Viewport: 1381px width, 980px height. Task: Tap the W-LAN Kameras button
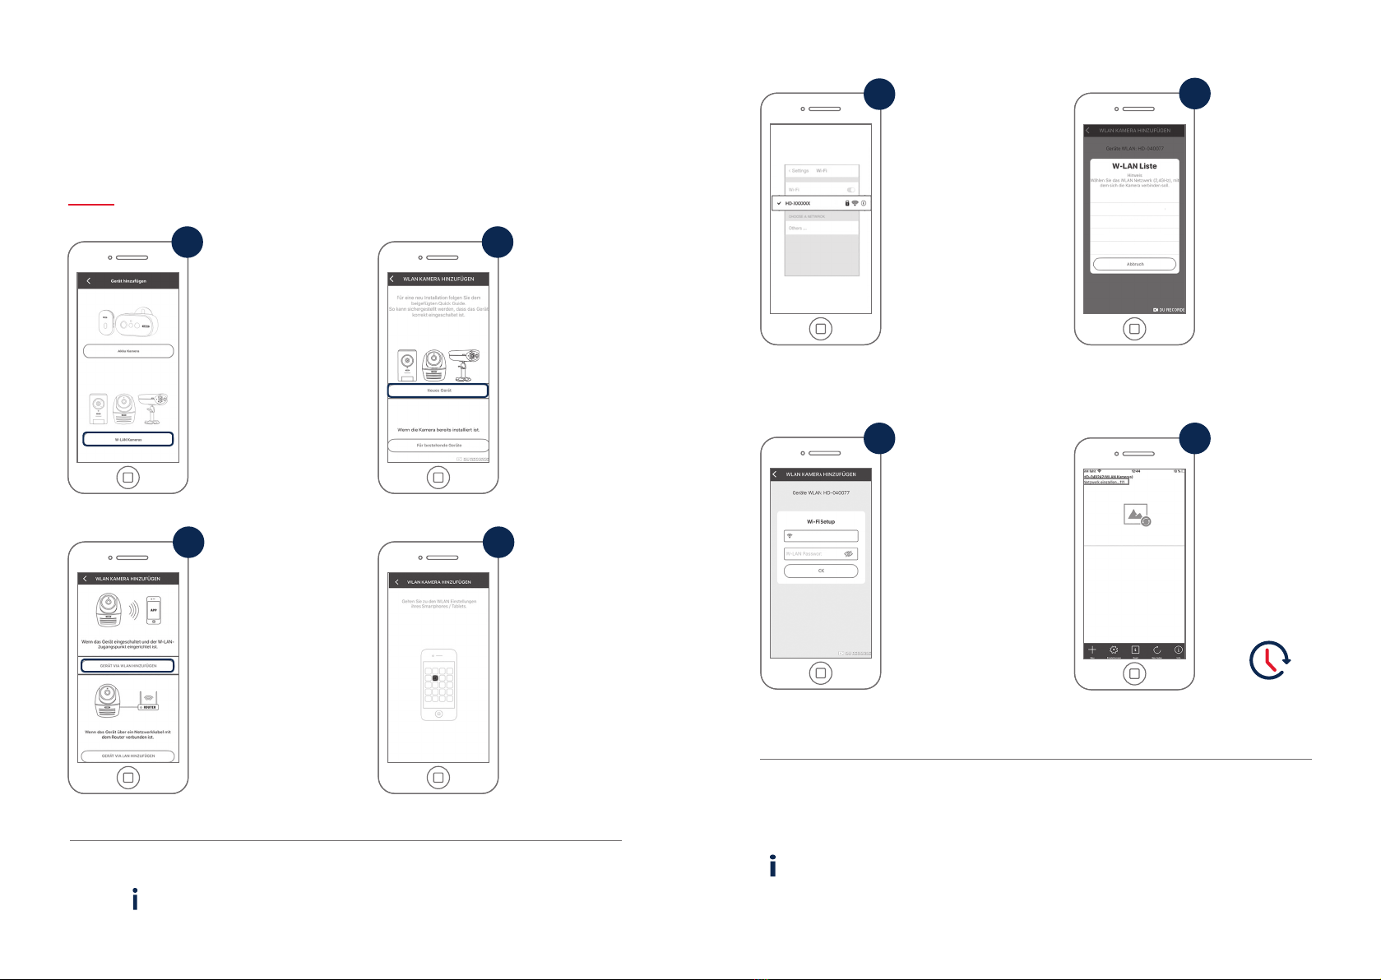tap(128, 439)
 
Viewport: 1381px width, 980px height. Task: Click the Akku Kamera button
tap(128, 351)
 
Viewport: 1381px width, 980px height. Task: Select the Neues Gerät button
tap(438, 391)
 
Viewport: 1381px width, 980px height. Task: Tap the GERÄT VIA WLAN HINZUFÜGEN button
tap(128, 665)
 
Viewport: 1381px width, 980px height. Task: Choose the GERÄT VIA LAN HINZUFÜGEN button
tap(128, 756)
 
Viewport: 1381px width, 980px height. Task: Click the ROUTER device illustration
tap(148, 700)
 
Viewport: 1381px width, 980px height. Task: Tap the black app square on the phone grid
tap(435, 678)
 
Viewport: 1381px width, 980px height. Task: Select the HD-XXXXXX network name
tap(798, 203)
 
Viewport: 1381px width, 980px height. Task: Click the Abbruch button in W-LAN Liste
tap(1135, 264)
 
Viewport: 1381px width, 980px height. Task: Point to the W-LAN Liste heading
tap(1134, 166)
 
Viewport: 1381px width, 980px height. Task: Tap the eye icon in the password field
tap(849, 554)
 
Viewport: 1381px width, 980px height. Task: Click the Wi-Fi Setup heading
tap(821, 521)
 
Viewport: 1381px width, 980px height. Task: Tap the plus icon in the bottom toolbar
tap(1092, 649)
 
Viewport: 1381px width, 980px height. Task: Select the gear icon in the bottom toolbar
tap(1114, 649)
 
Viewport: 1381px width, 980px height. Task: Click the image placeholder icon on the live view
tap(1137, 515)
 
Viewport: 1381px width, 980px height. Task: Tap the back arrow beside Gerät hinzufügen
tap(89, 280)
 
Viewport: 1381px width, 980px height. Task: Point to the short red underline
tap(91, 203)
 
